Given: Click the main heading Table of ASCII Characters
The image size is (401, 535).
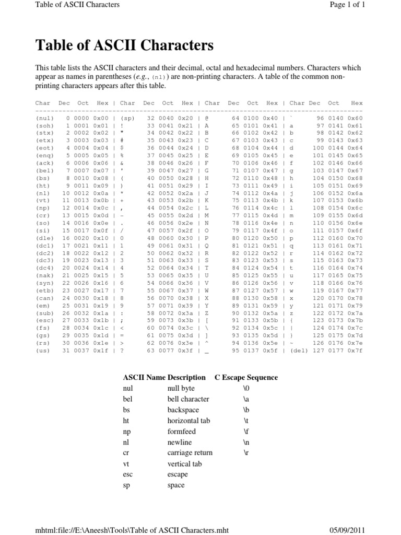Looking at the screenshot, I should [x=124, y=46].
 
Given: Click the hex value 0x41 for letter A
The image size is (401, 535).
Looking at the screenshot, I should [x=272, y=126].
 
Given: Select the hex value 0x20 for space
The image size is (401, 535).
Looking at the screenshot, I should [x=187, y=119].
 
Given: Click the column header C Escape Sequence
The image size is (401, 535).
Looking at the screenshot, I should [x=246, y=377].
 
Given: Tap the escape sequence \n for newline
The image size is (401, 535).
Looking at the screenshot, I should [x=246, y=441].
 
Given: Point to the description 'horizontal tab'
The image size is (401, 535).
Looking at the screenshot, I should [x=187, y=420].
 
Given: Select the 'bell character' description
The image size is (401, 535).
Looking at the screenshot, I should [x=187, y=399].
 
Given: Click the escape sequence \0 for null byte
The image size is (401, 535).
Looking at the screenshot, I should [x=246, y=388].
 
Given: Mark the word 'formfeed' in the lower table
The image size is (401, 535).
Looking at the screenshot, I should [x=181, y=431].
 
